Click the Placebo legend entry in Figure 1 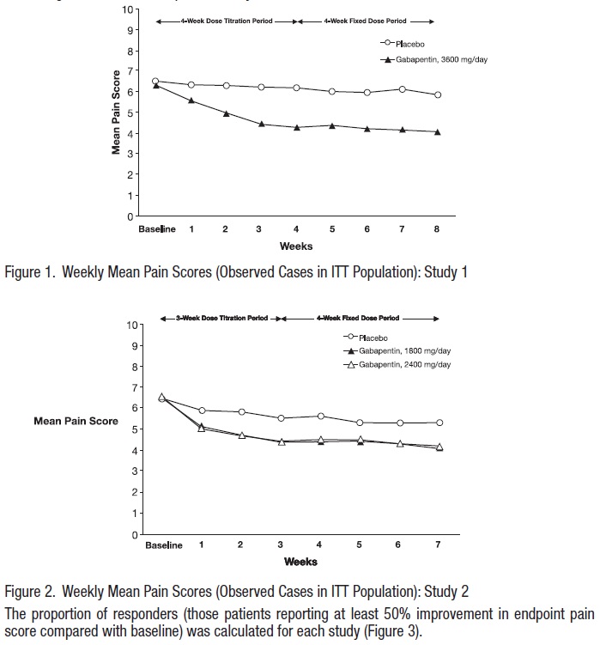pyautogui.click(x=411, y=41)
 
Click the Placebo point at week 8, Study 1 pyautogui.click(x=438, y=94)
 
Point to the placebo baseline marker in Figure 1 pyautogui.click(x=155, y=82)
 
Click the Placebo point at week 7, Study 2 pyautogui.click(x=439, y=423)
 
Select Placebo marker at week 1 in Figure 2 pyautogui.click(x=203, y=411)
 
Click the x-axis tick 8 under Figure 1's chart pyautogui.click(x=438, y=229)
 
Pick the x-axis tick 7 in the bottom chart pyautogui.click(x=439, y=545)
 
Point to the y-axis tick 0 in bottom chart pyautogui.click(x=133, y=534)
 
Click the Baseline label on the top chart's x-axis pyautogui.click(x=156, y=229)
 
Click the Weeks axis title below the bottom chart pyautogui.click(x=300, y=562)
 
